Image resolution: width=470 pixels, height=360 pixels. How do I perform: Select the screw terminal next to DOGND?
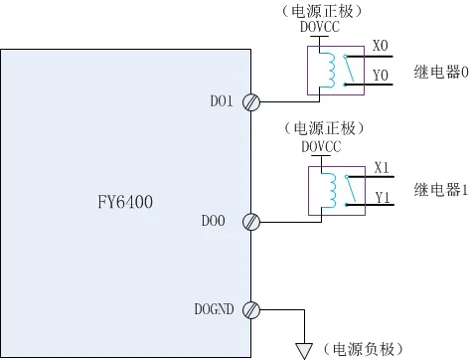(x=252, y=310)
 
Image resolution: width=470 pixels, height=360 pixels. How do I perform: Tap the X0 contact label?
(x=380, y=47)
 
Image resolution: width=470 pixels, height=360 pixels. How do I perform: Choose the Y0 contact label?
(x=380, y=75)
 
